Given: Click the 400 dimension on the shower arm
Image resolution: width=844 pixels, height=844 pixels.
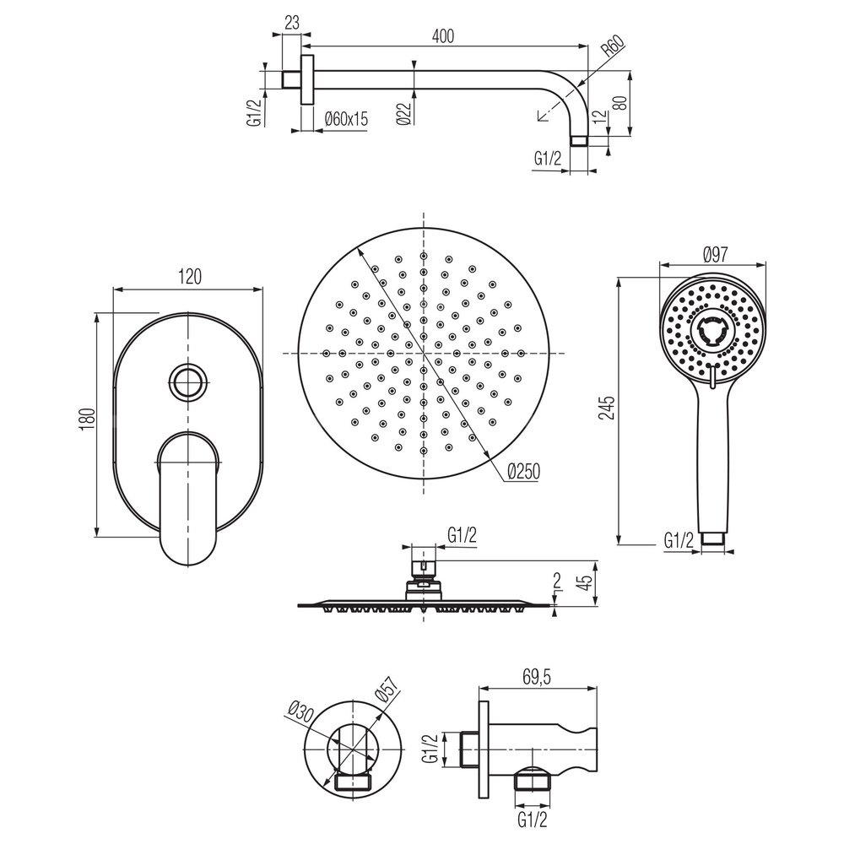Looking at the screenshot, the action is [x=443, y=35].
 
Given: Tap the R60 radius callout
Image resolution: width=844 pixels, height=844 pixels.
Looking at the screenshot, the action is [x=613, y=46].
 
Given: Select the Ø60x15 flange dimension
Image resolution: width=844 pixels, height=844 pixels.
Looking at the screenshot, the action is [x=347, y=118].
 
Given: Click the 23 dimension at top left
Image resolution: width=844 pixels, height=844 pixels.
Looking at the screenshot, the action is [x=292, y=23].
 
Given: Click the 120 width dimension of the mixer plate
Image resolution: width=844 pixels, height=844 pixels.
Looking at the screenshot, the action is [x=189, y=277].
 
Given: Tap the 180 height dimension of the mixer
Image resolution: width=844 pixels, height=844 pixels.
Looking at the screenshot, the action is [x=87, y=419].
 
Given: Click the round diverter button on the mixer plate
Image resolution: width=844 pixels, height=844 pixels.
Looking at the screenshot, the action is [x=187, y=382].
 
